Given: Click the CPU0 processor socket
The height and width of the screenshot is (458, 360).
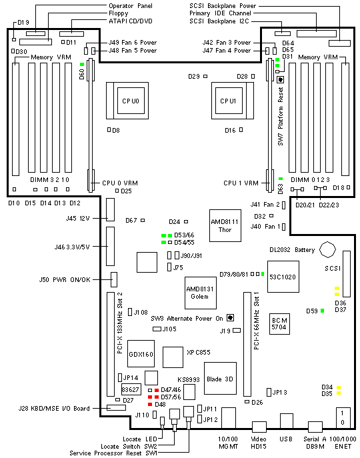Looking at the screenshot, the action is pos(127,101).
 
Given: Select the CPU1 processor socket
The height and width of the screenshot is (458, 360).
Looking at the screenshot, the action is pos(233,101).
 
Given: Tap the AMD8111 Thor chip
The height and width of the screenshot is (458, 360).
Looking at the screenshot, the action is pos(225,225).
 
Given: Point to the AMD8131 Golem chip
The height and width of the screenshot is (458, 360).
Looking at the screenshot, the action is pos(201,293).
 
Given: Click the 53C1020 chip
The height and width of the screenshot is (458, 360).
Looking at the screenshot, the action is pos(283,277).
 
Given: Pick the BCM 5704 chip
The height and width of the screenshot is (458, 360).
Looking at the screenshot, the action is pos(279,323).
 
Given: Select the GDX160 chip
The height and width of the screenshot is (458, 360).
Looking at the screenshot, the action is pos(141,354).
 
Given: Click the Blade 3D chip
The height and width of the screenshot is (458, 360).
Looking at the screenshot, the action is pos(220,379).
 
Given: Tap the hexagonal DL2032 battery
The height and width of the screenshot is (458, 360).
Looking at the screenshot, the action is pos(327,250).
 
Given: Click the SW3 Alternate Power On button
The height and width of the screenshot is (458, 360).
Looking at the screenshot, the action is pos(231,317).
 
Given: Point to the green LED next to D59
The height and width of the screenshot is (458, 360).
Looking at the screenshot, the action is pos(322,311).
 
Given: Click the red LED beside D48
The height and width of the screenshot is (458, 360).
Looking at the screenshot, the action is pos(150,404).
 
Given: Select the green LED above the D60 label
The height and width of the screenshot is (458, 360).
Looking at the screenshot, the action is pos(82,64).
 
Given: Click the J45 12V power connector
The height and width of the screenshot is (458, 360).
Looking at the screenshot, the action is pos(111,209).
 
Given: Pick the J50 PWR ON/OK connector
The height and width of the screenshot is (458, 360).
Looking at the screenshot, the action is pos(114,279).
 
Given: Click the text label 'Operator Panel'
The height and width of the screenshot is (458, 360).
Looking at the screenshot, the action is pos(131,5).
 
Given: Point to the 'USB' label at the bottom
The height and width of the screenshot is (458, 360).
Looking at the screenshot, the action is pos(285,439).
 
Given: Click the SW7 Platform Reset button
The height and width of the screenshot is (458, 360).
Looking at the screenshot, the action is pos(281,79).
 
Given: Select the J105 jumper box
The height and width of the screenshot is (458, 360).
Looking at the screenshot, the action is pos(157,329).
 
